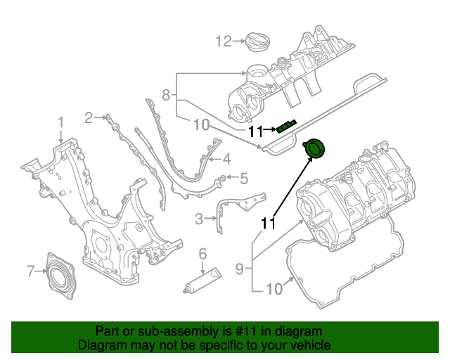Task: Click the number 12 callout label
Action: tap(222, 42)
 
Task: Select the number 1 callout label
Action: tap(60, 122)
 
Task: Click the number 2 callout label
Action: tap(89, 117)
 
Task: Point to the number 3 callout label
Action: tap(199, 219)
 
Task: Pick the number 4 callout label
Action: tap(226, 160)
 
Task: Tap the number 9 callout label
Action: tap(240, 268)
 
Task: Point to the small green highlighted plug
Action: tap(285, 127)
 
